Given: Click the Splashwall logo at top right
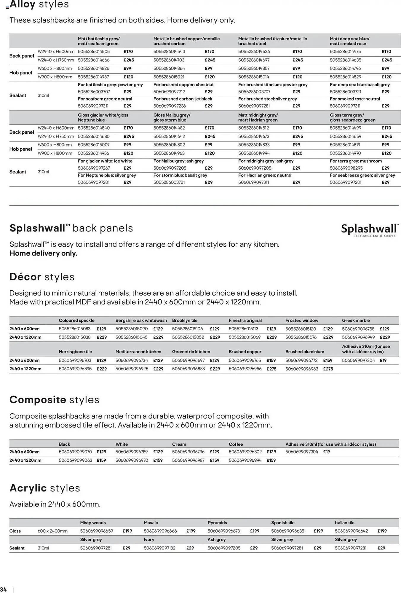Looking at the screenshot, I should pos(370,230).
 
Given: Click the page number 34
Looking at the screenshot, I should pos(4,589).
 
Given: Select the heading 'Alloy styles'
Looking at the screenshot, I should pos(39,5).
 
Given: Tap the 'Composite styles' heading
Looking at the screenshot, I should pos(54,400).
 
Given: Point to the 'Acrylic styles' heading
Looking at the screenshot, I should pos(45,488).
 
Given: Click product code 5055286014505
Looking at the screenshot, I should pos(94,52).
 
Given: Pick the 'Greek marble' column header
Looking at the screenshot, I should pos(356,321).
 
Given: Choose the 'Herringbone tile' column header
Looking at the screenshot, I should pos(75,352).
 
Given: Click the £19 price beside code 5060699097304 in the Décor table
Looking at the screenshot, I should pos(383,361).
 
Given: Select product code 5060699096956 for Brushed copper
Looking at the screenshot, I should pos(245,369).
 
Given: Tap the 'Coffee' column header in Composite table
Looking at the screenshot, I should pos(236,444).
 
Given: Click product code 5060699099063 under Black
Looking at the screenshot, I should pos(75,460).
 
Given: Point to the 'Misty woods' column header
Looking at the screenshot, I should pos(93,523).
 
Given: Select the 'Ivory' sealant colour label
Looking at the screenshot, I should pos(149,540).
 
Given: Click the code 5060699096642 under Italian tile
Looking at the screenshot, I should pos(351,531).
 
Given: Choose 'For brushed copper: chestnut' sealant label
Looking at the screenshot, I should pos(183,85).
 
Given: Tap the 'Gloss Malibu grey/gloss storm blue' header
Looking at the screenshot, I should pos(172,117).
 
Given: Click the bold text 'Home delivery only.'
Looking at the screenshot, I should pos(43,254).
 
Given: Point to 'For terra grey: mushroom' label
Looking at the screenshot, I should pos(356,161).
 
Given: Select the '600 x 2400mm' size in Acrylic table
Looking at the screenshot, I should pos(52,531).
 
